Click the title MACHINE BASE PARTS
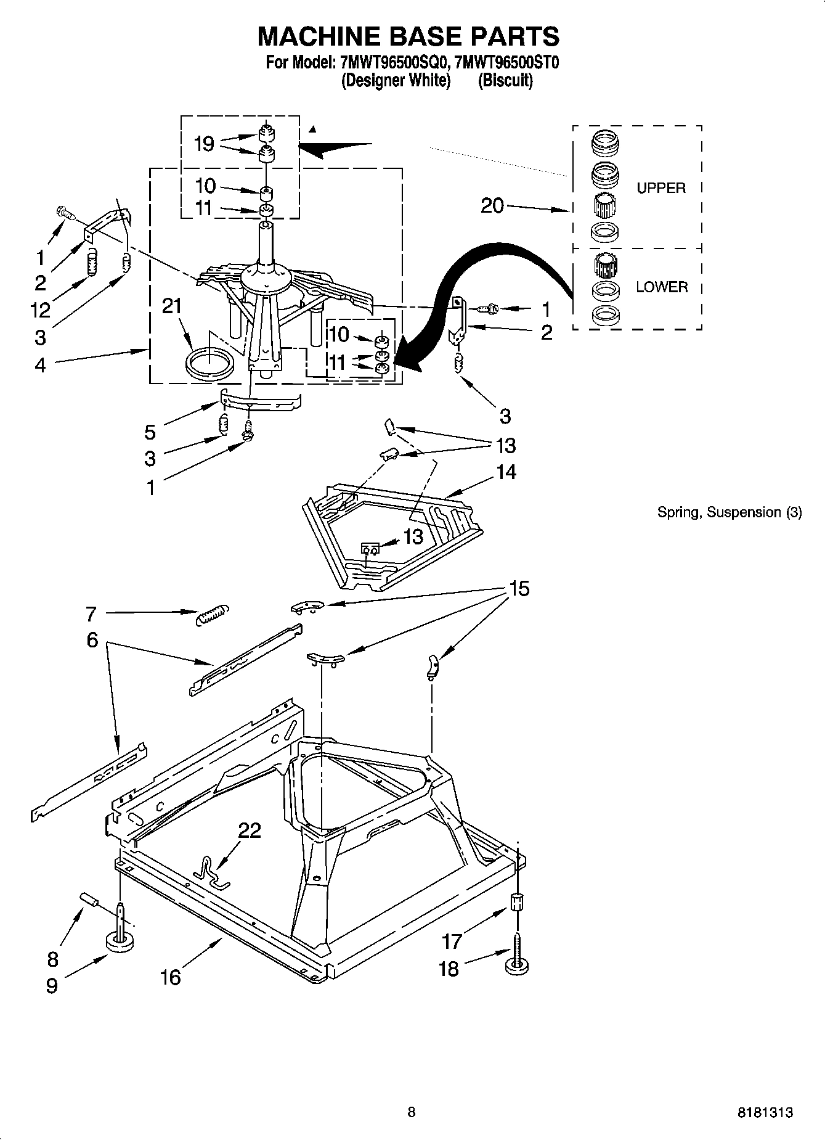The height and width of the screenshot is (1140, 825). (x=408, y=36)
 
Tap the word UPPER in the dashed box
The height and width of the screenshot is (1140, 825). (x=660, y=188)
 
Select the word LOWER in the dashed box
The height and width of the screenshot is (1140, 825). (x=662, y=287)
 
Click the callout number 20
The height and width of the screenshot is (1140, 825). (x=492, y=206)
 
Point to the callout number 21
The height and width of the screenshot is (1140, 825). (x=172, y=306)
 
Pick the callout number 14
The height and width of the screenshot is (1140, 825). (x=505, y=472)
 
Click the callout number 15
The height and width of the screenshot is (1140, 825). (x=519, y=588)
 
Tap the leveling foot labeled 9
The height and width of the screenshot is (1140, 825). (x=120, y=941)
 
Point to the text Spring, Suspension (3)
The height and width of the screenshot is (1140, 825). (x=729, y=512)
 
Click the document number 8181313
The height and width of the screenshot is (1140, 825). (x=765, y=1113)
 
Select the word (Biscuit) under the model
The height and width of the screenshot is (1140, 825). (x=505, y=80)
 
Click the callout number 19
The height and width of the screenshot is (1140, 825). (x=204, y=144)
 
